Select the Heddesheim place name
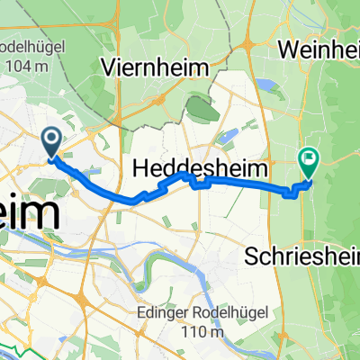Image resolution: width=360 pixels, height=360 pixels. (203, 167)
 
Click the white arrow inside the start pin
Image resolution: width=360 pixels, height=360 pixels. (50, 138)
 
